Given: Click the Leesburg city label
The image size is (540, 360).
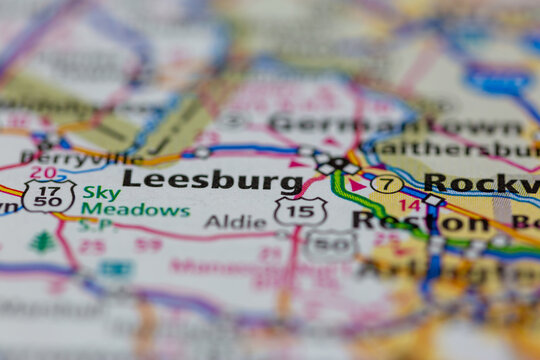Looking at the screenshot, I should pyautogui.click(x=212, y=180).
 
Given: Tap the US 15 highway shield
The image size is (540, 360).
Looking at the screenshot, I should pyautogui.click(x=300, y=210).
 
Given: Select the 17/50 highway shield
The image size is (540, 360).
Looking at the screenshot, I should pyautogui.click(x=49, y=195).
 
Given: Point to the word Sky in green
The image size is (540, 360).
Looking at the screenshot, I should pyautogui.click(x=101, y=192).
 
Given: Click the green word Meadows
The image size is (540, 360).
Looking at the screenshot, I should pyautogui.click(x=136, y=211).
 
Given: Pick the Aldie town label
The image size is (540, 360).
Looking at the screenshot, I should pyautogui.click(x=235, y=221).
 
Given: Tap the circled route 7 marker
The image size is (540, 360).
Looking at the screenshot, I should pyautogui.click(x=387, y=184).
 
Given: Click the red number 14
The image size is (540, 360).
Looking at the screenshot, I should pyautogui.click(x=409, y=205).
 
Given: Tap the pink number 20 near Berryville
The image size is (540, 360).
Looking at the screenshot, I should pyautogui.click(x=43, y=173).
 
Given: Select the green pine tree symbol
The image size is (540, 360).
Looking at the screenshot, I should pyautogui.click(x=42, y=241).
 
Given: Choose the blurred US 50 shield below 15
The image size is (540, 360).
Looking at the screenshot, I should pyautogui.click(x=331, y=246).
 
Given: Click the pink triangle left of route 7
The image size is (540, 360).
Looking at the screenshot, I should pyautogui.click(x=356, y=185).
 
